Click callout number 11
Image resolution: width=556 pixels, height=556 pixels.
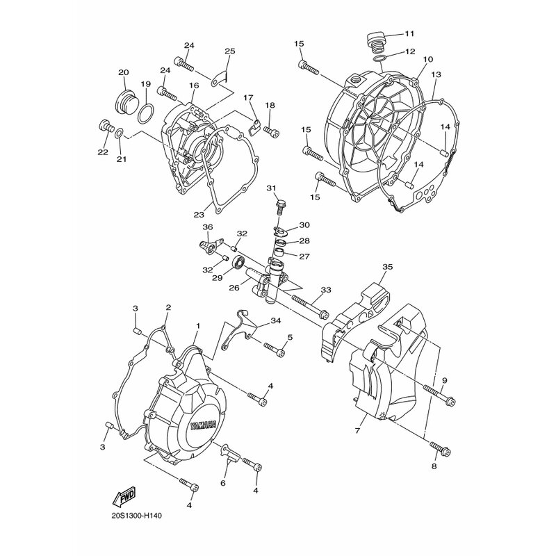[x=409, y=34]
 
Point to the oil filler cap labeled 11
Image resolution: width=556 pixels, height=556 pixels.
[x=377, y=42]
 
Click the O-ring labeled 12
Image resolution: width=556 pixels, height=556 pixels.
[x=381, y=58]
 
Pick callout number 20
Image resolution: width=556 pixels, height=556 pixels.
[x=124, y=72]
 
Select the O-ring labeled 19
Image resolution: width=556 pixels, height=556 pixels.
[x=146, y=113]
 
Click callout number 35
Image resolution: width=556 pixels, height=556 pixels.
[x=388, y=267]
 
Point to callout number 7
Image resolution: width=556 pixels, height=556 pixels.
[x=357, y=430]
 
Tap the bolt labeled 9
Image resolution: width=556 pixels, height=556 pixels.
[x=439, y=395]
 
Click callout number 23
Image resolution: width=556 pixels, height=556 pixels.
[x=199, y=215]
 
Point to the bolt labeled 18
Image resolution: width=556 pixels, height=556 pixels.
[x=272, y=132]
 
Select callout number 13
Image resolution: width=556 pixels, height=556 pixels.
[x=436, y=74]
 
